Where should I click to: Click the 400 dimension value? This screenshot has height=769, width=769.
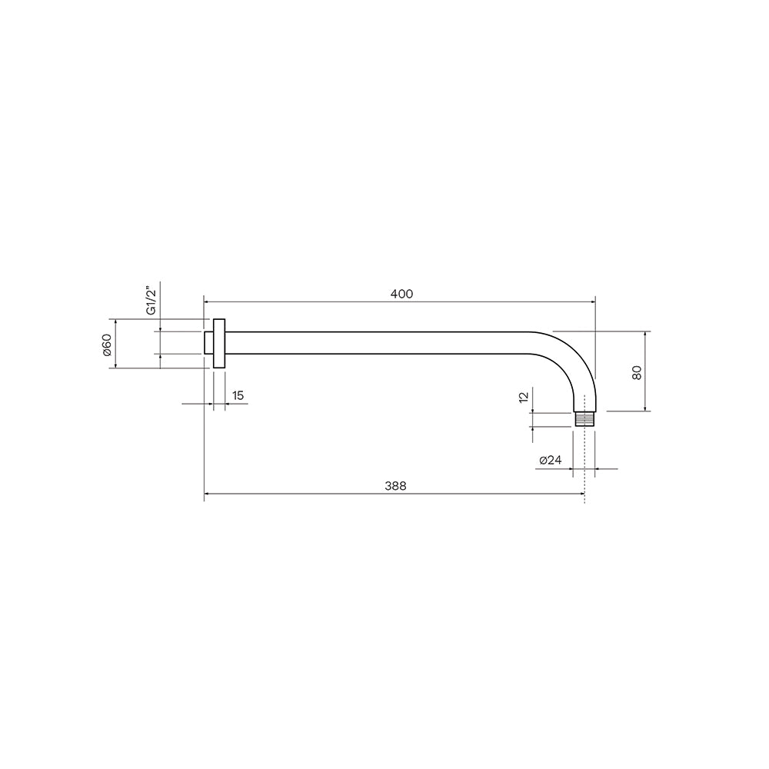(401, 294)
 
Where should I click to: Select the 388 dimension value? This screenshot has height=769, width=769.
(395, 486)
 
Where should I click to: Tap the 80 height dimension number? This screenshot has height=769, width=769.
(636, 372)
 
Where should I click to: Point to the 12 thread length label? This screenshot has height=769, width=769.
(524, 397)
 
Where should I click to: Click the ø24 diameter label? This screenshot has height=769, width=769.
(551, 460)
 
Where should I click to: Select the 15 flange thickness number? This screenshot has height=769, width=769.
(238, 395)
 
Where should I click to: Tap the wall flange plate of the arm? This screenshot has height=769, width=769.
(220, 344)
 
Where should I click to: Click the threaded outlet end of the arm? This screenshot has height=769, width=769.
(585, 419)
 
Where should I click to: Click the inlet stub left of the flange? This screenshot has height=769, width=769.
(208, 343)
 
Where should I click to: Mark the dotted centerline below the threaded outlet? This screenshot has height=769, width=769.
(585, 469)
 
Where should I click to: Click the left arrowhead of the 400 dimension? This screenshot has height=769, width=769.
(206, 301)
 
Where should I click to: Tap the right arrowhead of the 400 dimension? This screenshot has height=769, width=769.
(592, 301)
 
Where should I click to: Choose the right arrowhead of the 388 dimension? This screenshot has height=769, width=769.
(582, 494)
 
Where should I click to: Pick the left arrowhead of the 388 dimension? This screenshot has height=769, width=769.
(207, 494)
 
